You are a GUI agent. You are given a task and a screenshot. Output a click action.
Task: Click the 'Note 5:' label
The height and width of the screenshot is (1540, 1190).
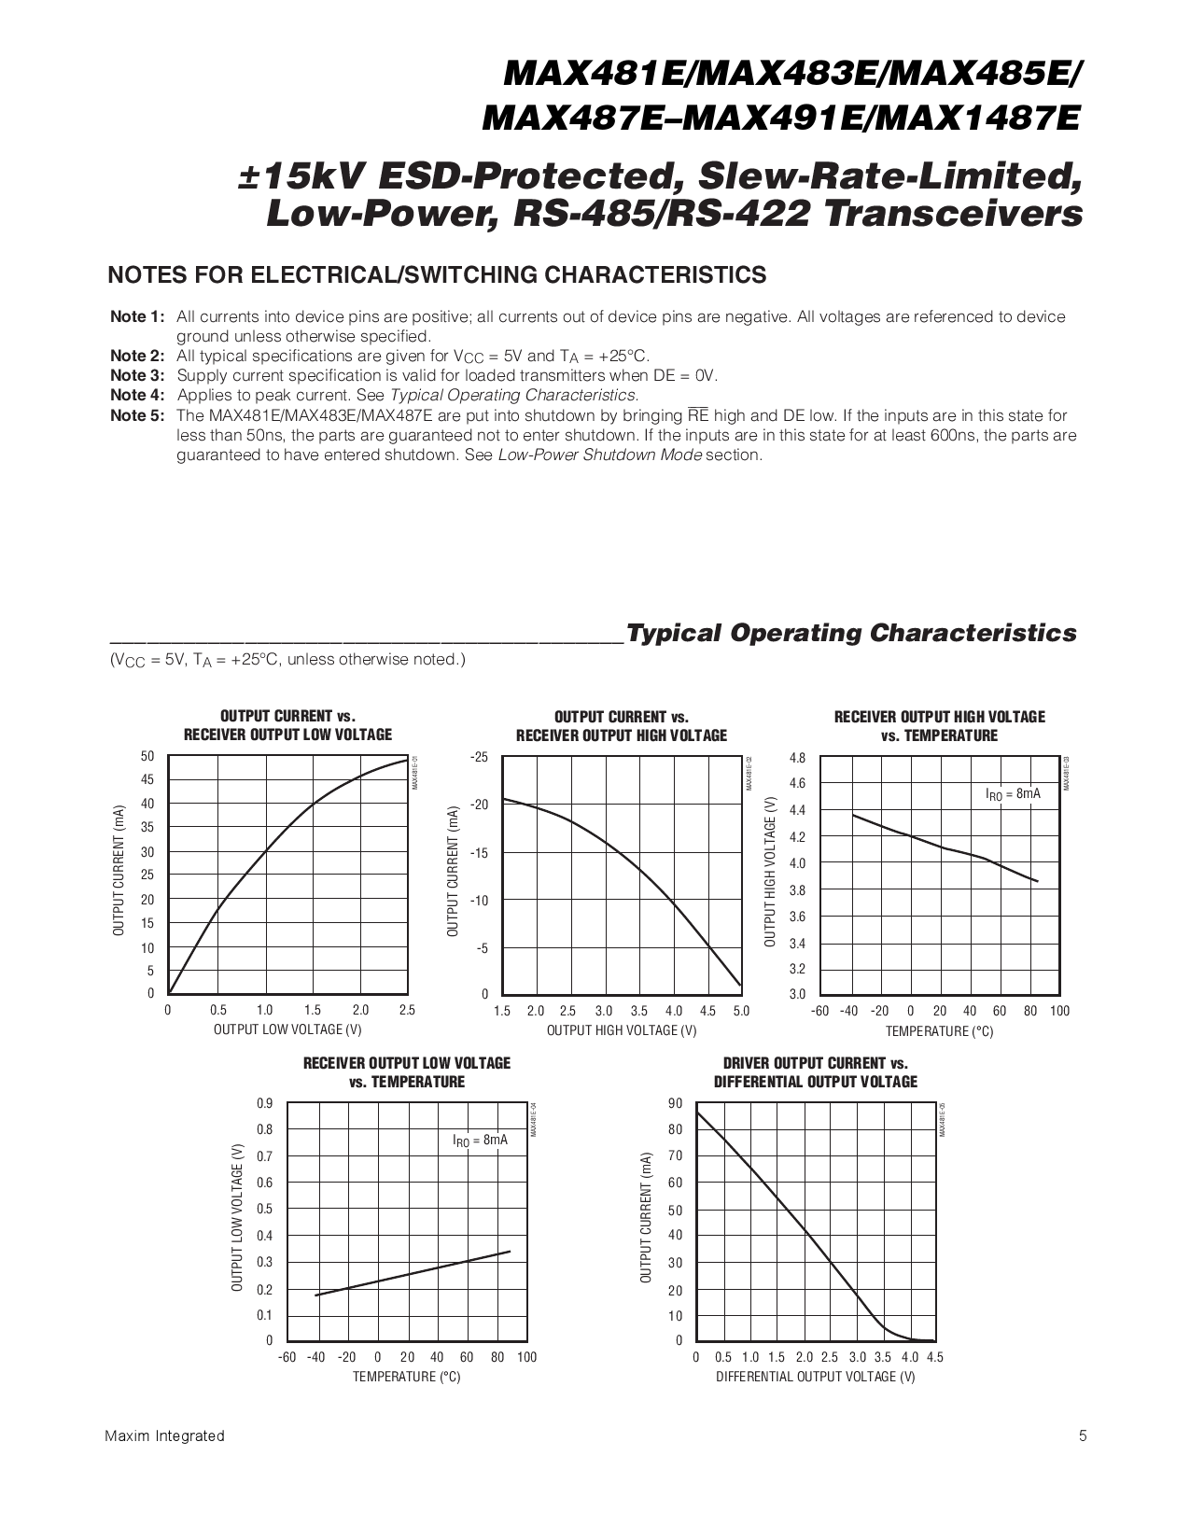[137, 415]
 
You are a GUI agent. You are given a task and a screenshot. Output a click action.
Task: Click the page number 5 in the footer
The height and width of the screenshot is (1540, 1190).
[1083, 1435]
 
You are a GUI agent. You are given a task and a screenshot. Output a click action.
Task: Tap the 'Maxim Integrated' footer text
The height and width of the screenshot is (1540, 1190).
[165, 1435]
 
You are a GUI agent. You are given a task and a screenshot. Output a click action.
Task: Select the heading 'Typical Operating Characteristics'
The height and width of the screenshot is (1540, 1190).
[851, 633]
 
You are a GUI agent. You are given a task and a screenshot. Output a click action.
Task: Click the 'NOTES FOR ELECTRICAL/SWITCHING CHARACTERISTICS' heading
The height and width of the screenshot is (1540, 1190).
[437, 274]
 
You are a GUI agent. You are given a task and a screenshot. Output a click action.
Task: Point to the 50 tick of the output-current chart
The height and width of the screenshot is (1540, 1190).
[147, 756]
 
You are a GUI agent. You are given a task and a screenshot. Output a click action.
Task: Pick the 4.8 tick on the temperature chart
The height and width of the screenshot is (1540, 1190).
[797, 758]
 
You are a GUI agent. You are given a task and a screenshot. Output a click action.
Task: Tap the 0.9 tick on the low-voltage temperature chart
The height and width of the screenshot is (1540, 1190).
[265, 1103]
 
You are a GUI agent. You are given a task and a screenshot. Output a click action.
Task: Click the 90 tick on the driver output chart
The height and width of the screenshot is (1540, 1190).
[676, 1103]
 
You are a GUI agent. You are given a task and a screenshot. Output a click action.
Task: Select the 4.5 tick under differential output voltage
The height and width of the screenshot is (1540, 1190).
[934, 1357]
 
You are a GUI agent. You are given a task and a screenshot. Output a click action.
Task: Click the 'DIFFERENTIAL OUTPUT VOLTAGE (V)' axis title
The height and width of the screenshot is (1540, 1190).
[816, 1377]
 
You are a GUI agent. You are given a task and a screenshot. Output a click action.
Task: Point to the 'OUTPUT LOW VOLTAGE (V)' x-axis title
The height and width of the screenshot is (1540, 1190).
[287, 1029]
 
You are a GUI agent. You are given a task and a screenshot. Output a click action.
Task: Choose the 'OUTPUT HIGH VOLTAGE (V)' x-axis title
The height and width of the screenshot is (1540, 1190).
[622, 1030]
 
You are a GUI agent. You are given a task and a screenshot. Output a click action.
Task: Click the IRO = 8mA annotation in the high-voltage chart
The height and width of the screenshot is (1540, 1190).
[1013, 794]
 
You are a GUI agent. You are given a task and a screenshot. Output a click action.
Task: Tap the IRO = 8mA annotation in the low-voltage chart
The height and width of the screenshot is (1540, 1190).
[480, 1141]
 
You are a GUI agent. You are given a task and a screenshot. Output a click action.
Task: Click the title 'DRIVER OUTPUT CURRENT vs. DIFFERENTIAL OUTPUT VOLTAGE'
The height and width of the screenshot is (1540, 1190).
[816, 1072]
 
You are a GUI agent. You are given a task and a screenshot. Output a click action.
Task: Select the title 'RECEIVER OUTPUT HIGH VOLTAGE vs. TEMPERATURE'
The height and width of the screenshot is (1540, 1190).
[939, 726]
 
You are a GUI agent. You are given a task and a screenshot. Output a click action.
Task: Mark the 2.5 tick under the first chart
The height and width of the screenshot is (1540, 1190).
[407, 1010]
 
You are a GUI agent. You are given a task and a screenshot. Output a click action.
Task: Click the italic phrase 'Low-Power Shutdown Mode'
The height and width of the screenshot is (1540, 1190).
[600, 455]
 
